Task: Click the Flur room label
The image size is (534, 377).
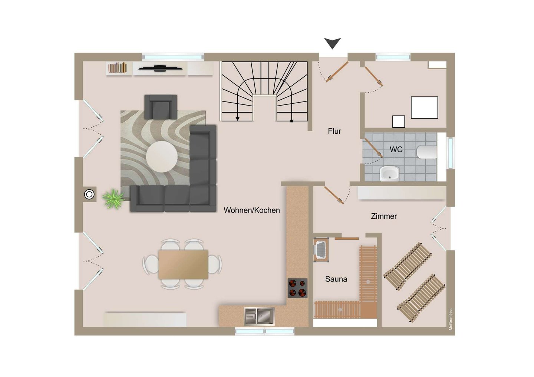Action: click(x=334, y=131)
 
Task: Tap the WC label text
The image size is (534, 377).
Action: click(x=396, y=150)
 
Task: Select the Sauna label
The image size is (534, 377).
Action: click(x=336, y=279)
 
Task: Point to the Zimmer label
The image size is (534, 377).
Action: click(x=384, y=216)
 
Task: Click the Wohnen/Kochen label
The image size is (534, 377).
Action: click(x=252, y=210)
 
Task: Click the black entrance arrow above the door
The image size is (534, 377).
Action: click(x=333, y=43)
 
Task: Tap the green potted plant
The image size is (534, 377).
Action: click(x=113, y=199)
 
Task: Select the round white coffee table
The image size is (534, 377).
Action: click(x=162, y=157)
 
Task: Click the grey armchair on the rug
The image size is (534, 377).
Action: click(x=161, y=107)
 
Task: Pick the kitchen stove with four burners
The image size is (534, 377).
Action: click(x=297, y=288)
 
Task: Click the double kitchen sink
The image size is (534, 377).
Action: click(x=259, y=316)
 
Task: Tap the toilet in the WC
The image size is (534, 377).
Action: click(x=427, y=152)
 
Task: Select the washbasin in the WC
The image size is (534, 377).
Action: click(x=390, y=174)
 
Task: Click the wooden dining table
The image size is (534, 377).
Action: click(x=183, y=264)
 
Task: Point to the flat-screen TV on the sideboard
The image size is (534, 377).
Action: click(x=161, y=68)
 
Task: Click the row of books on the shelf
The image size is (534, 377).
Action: click(x=117, y=68)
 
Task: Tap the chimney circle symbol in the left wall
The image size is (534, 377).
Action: click(x=89, y=194)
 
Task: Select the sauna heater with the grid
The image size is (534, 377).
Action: click(x=321, y=250)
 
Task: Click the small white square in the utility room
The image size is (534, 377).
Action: click(x=399, y=121)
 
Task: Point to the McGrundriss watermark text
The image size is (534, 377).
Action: click(x=451, y=319)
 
